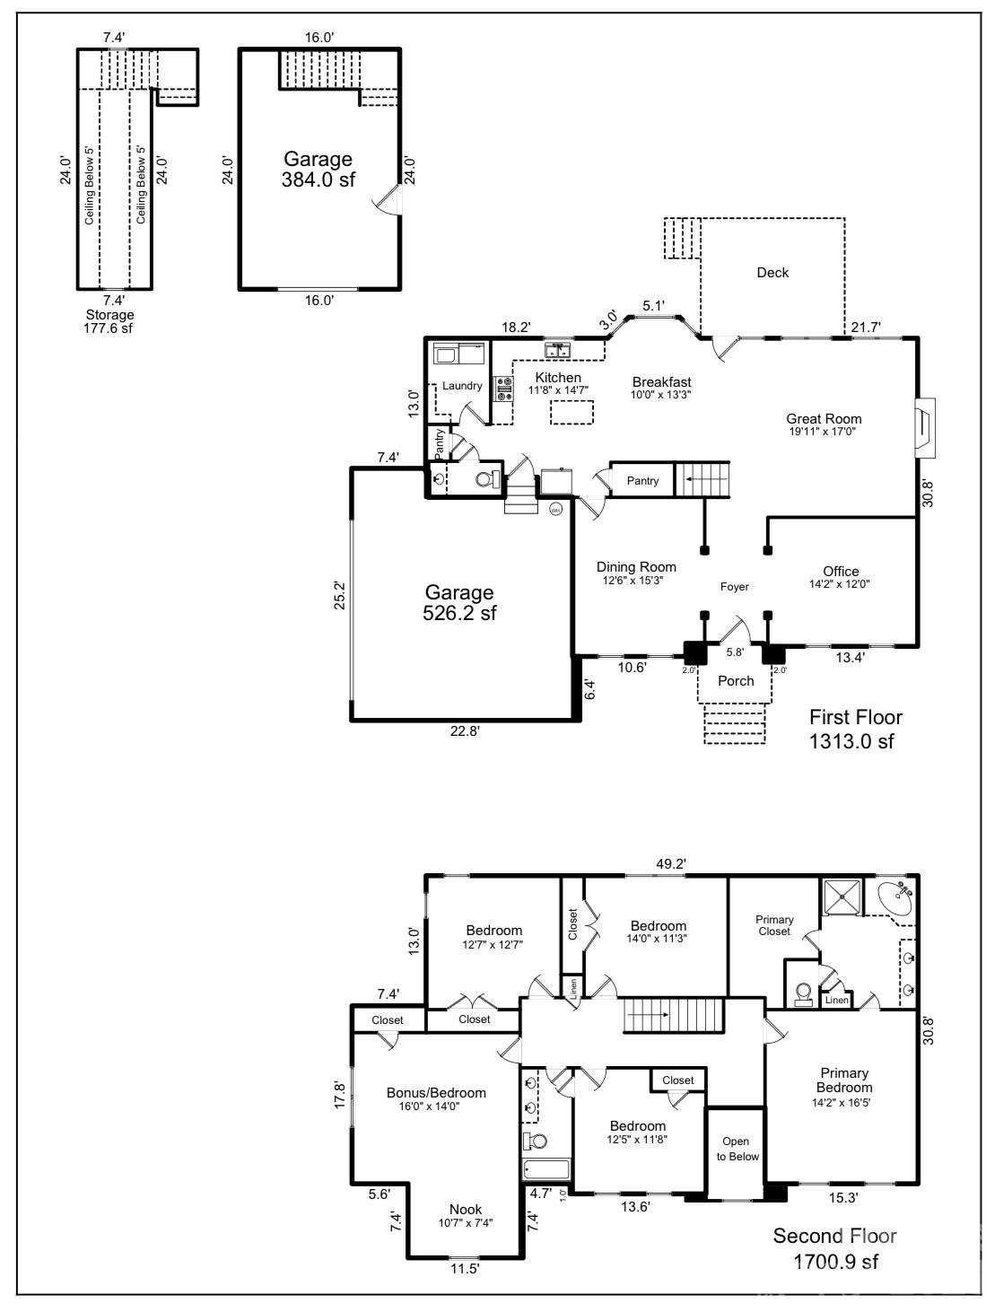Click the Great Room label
coord(824,419)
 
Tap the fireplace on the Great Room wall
coord(923,428)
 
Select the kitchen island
coord(572,412)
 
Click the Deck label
coord(772,273)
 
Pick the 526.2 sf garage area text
coord(459,603)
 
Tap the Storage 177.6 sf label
coord(109,321)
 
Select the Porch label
coord(736,680)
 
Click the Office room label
coord(841,572)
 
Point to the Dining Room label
coord(636,567)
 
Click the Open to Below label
coord(736,1149)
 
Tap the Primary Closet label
coord(773,925)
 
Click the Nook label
coord(466,1209)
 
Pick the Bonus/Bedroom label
coord(436,1092)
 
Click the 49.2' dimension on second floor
coord(670,864)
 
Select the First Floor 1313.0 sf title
coord(855,729)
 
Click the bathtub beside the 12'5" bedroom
coord(546,1170)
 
